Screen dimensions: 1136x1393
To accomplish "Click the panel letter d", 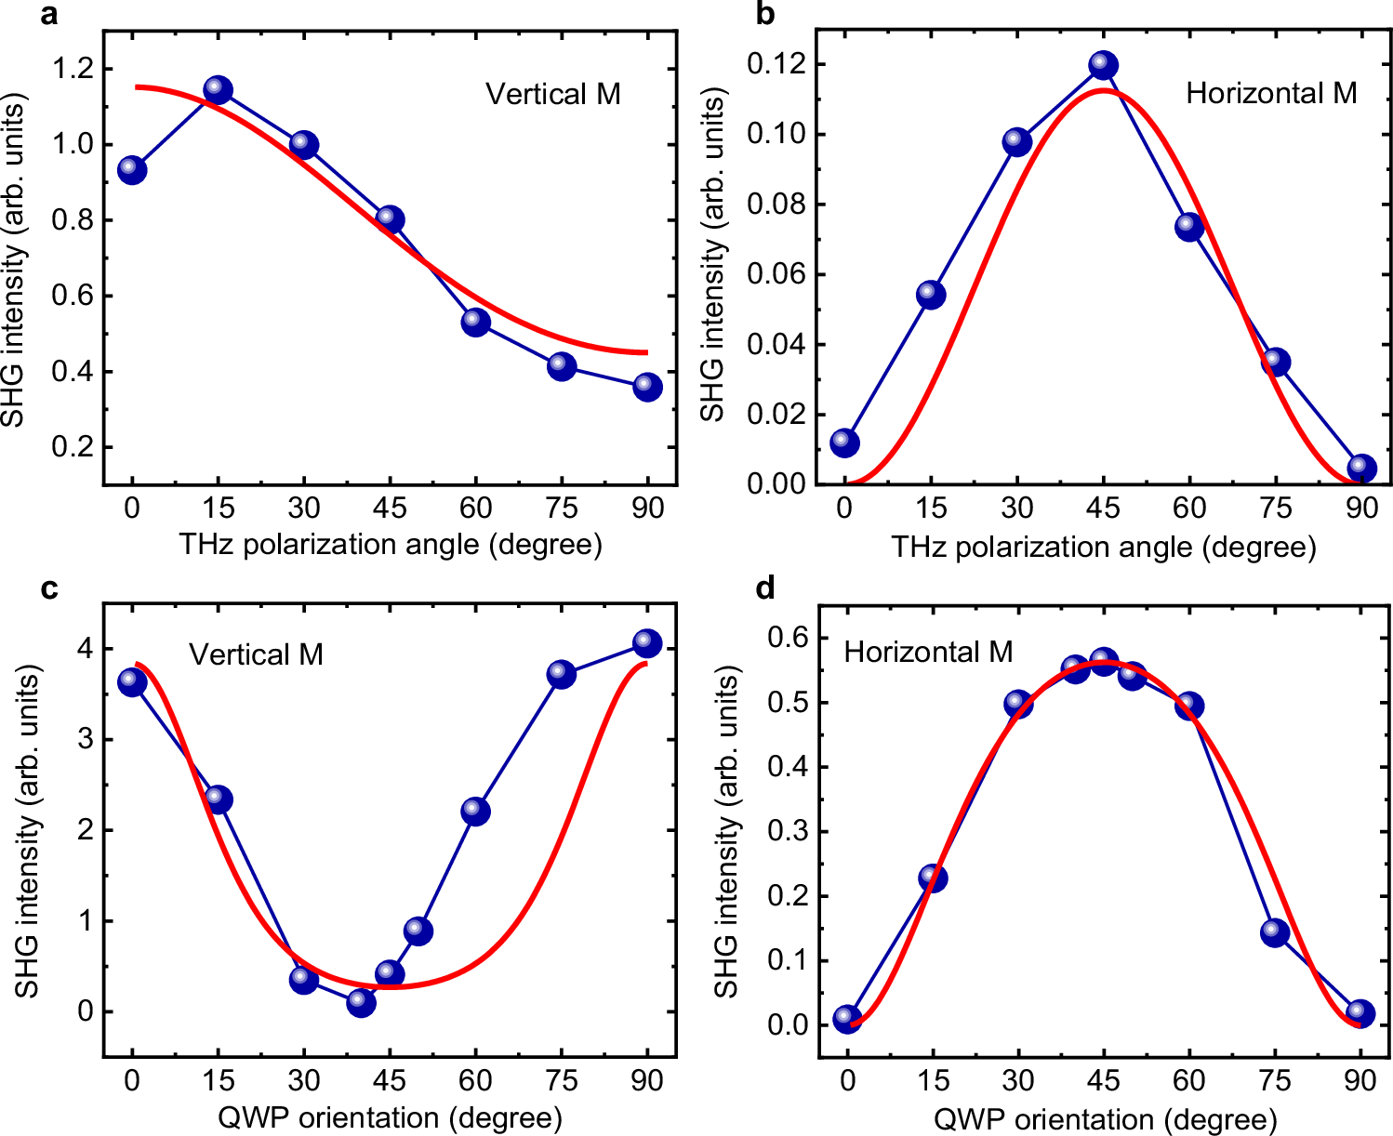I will click(x=765, y=589).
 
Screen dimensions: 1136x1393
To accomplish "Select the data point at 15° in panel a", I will click(x=218, y=90).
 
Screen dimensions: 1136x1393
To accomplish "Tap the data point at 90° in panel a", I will click(x=647, y=387).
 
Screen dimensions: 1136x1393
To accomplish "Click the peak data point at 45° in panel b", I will click(x=1103, y=65).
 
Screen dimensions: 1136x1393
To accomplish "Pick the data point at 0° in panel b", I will click(x=844, y=442).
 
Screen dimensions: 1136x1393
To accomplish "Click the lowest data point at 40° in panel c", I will click(x=361, y=1002).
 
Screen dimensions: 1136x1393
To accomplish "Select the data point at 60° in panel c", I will click(x=475, y=812).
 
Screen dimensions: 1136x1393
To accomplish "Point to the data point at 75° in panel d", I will click(x=1275, y=932).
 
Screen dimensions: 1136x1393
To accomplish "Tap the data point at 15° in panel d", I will click(x=933, y=878).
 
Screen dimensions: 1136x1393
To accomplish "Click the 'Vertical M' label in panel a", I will click(x=552, y=94).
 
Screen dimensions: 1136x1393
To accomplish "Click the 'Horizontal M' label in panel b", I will click(x=1270, y=93).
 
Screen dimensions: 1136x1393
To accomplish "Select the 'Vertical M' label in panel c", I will click(x=256, y=654).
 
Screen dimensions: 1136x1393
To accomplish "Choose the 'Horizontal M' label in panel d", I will click(x=927, y=652).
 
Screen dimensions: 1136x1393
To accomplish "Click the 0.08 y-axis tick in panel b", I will click(x=777, y=205).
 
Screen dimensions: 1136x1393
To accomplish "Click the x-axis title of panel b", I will click(x=1103, y=547).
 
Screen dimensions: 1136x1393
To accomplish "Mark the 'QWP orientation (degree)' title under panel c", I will click(x=390, y=1117).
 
